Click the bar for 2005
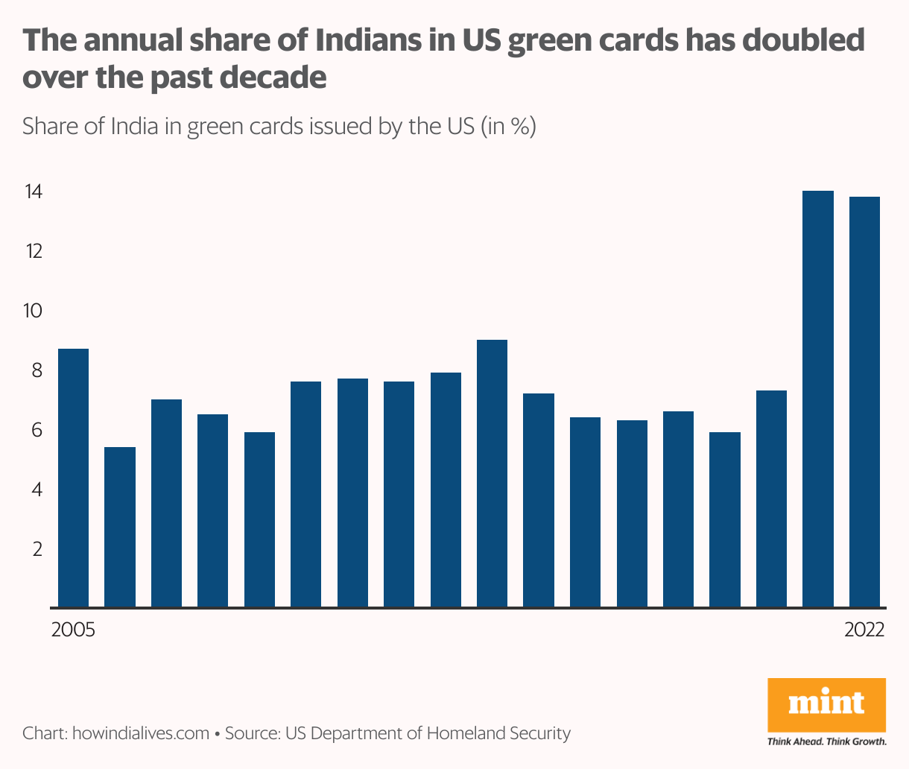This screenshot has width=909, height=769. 73,477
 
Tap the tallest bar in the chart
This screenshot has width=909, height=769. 818,398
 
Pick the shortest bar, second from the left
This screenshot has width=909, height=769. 120,526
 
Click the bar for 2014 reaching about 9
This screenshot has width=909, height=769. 492,472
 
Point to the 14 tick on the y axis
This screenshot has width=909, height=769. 33,192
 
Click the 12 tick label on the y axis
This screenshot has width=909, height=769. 33,251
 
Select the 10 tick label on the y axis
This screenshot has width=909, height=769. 33,311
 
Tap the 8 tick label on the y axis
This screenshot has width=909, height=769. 35,370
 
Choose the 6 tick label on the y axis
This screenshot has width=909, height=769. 35,430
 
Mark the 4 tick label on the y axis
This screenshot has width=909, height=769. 35,490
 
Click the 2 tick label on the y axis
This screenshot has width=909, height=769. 35,549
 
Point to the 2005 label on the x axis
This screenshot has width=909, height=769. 73,630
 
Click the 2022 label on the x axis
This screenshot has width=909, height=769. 864,630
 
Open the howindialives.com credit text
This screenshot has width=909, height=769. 140,733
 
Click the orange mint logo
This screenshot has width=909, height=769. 826,704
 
